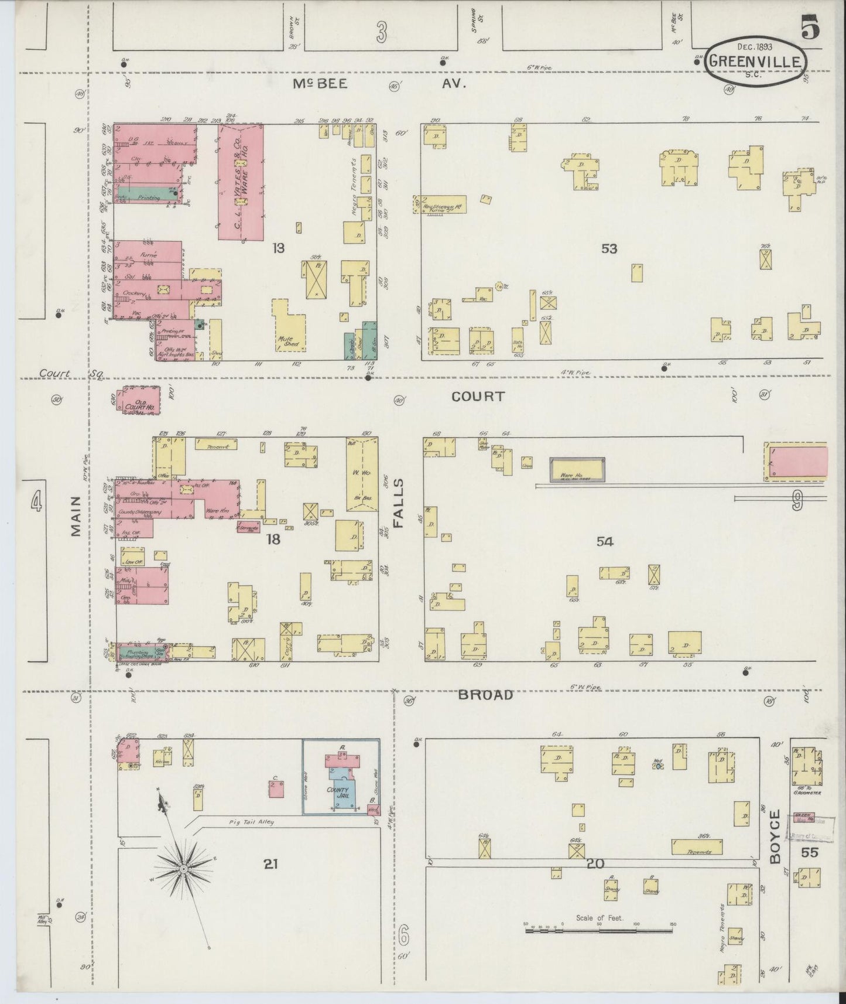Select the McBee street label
(320, 84)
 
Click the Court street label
(478, 397)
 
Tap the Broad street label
(485, 695)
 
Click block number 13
(278, 248)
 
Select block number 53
(609, 249)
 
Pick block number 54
(605, 542)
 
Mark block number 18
(273, 539)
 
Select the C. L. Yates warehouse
(241, 182)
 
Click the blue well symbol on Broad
(658, 765)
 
